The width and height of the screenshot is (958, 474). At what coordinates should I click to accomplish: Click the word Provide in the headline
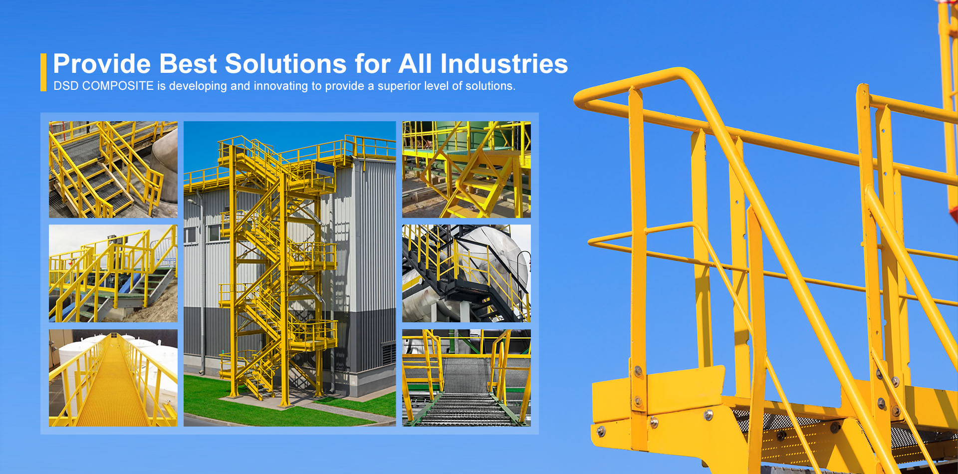pos(102,64)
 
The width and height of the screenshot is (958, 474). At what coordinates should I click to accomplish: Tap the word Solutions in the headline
pos(285,64)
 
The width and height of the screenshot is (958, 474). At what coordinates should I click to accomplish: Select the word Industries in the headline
pos(504,64)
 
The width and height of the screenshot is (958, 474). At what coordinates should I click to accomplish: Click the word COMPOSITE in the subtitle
pos(118,86)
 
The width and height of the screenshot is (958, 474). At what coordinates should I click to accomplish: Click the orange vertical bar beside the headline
pos(43,72)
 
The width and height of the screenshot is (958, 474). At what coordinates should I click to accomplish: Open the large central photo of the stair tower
pos(289,273)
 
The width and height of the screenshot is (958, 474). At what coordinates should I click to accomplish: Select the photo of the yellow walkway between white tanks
pos(113,378)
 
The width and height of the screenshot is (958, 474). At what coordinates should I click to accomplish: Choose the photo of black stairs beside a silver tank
pos(467,273)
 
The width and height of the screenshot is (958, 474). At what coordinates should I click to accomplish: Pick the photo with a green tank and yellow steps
pos(467,170)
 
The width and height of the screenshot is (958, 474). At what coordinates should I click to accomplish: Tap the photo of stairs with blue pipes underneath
pos(113,273)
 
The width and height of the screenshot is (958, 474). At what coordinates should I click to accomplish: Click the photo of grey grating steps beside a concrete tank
pos(113,170)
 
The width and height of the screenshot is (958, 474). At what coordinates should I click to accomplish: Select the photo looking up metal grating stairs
pos(467,378)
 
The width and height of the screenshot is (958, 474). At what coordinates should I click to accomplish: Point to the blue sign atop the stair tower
pos(324,170)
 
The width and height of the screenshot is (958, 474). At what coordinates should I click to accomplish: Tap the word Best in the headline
pos(188,64)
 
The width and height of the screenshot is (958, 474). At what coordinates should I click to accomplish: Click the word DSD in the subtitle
pos(66,86)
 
